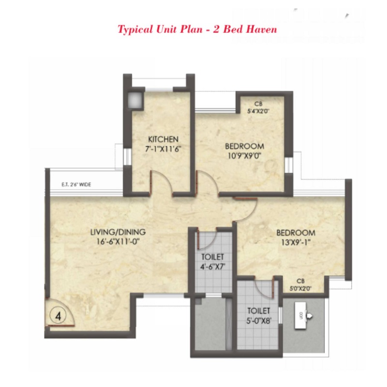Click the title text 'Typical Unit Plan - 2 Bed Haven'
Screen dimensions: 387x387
(x=197, y=30)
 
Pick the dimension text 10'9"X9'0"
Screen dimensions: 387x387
(x=244, y=156)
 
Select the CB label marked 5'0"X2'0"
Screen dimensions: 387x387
(x=300, y=285)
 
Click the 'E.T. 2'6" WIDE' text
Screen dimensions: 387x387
(x=76, y=184)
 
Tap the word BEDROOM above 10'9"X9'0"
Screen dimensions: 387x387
(x=244, y=146)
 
